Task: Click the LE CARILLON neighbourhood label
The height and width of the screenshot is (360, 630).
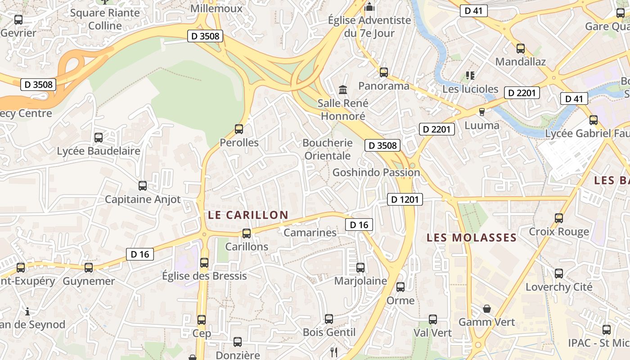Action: tap(248, 215)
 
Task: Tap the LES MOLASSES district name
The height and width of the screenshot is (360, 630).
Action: tap(472, 238)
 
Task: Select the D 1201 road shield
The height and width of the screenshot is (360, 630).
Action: tap(405, 199)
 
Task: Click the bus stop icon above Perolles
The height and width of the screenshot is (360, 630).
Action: tap(239, 129)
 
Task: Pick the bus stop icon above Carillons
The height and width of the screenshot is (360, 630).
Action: tap(247, 233)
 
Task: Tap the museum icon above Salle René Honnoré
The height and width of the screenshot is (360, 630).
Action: tap(343, 90)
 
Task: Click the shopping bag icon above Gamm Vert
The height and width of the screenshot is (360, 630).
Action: tap(486, 309)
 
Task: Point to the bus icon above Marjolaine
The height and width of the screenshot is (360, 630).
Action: tap(360, 268)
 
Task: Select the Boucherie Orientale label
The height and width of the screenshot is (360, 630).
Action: tap(328, 149)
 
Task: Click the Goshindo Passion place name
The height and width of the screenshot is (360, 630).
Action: tap(376, 172)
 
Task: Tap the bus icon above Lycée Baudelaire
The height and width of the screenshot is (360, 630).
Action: tap(99, 138)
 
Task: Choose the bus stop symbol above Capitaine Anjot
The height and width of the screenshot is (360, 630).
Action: tap(143, 185)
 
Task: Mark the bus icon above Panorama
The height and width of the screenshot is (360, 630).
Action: tap(384, 72)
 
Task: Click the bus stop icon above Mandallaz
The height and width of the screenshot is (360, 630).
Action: tap(521, 48)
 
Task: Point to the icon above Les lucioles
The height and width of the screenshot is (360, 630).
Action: tap(470, 75)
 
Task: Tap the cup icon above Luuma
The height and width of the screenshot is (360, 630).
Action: tap(482, 112)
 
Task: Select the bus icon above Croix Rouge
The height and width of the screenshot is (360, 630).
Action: tap(559, 218)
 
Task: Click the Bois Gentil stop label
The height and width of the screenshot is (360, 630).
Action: tap(329, 333)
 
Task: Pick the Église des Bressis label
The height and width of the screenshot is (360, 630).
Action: tap(204, 276)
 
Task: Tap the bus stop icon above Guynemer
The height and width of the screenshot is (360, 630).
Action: tap(89, 268)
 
